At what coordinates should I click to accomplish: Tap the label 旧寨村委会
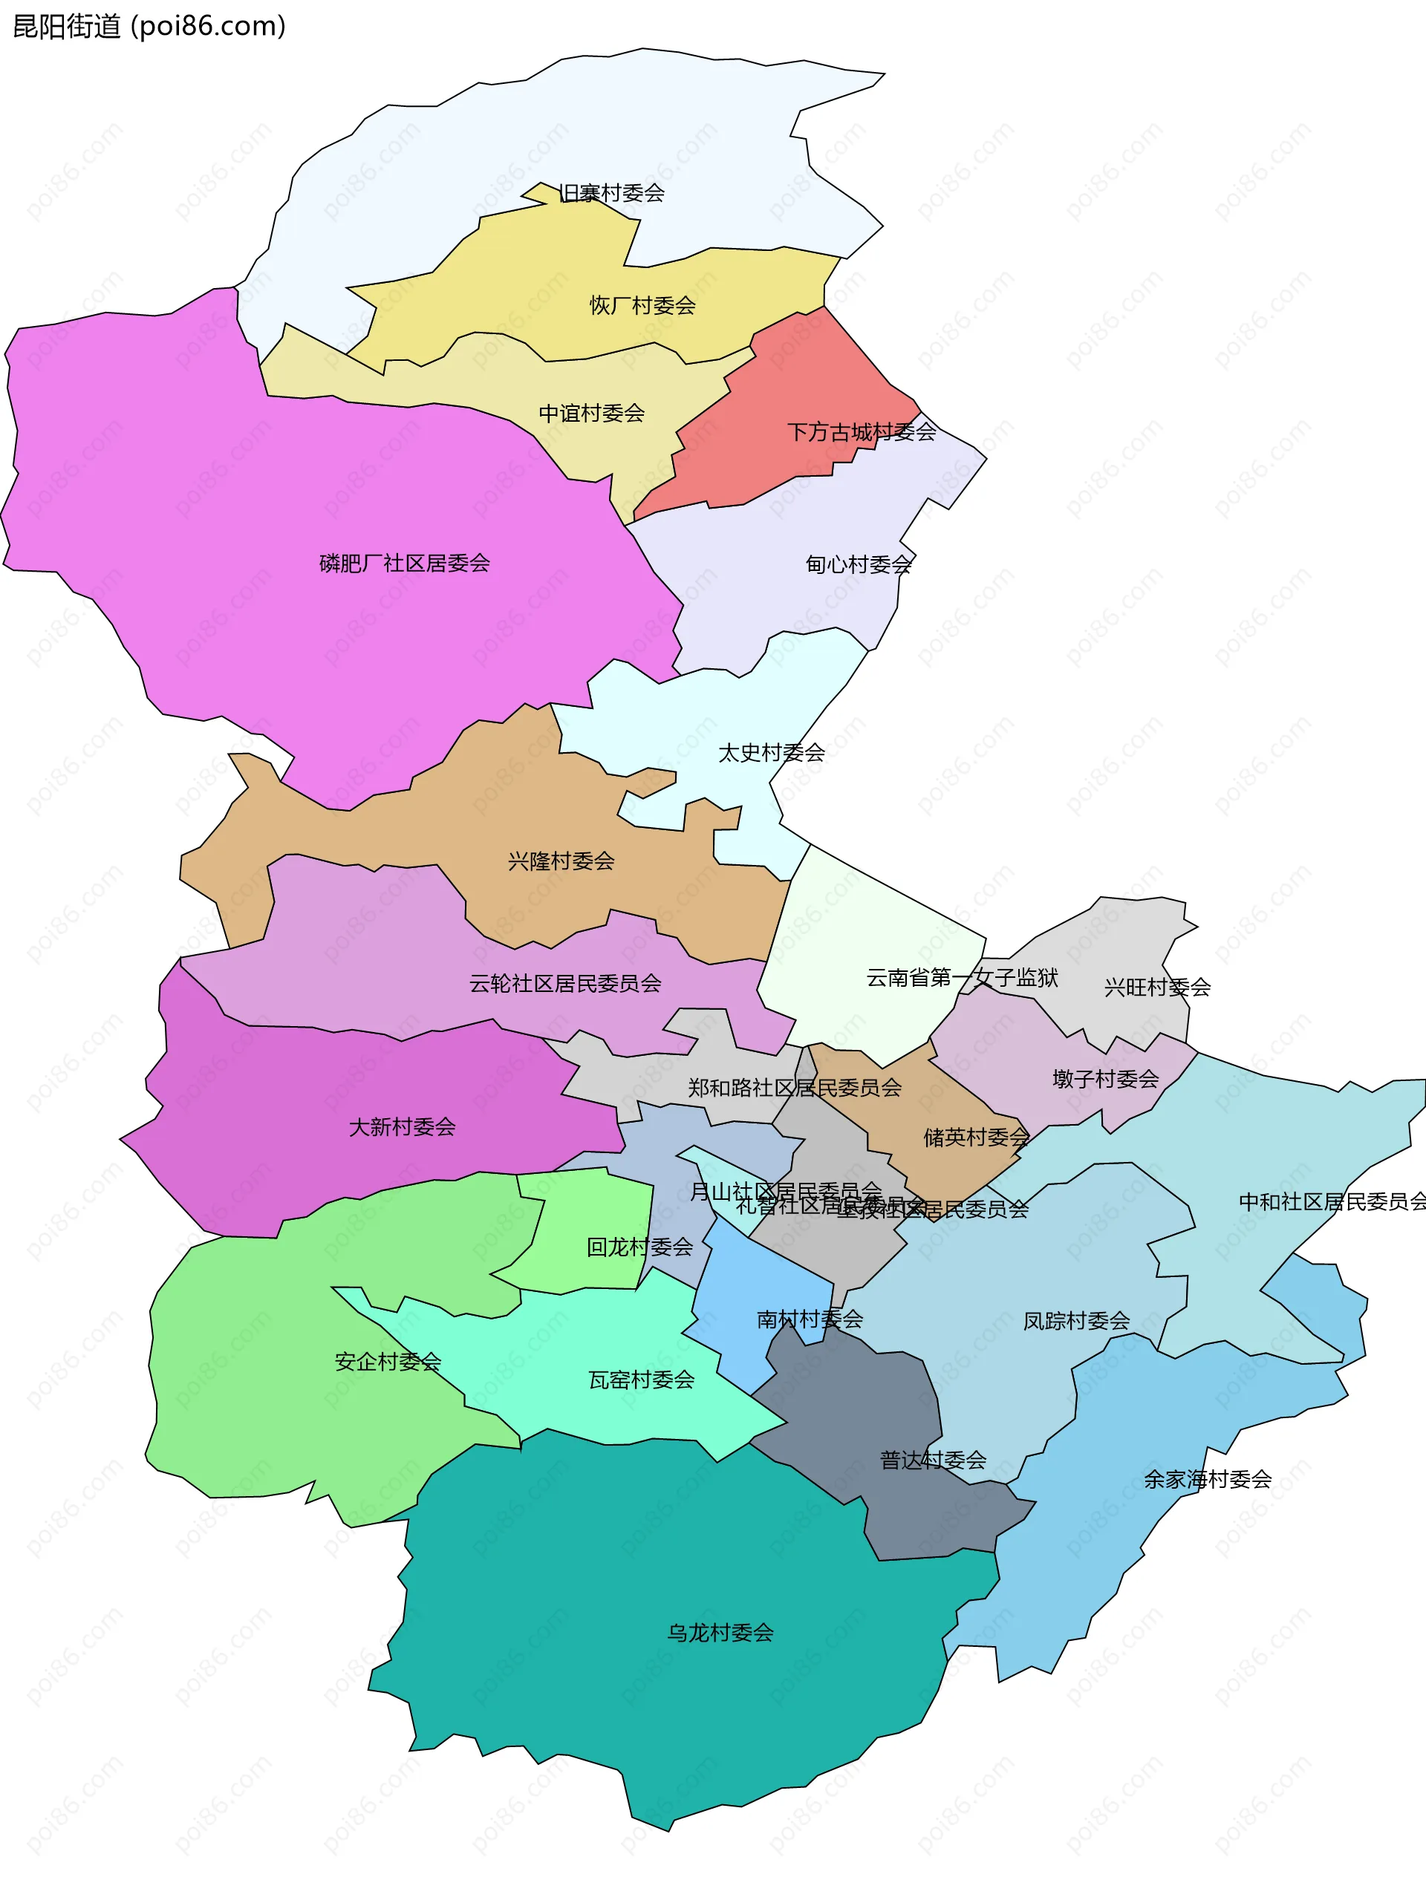[x=611, y=193]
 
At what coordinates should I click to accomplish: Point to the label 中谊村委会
[x=591, y=413]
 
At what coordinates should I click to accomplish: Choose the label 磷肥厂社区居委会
[x=404, y=563]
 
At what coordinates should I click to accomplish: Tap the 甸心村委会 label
[x=858, y=564]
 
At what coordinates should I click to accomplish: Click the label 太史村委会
[x=770, y=753]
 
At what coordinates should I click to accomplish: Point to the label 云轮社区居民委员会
[x=564, y=983]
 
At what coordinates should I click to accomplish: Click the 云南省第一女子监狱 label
[x=961, y=977]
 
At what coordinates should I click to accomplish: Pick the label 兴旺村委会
[x=1156, y=988]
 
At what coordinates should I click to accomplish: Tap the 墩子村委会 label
[x=1104, y=1080]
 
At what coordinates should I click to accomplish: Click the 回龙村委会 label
[x=639, y=1247]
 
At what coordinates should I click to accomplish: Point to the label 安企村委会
[x=387, y=1362]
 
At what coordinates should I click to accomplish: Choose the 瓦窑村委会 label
[x=641, y=1380]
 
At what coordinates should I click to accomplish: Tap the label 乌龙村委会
[x=720, y=1633]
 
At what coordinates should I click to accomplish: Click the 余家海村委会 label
[x=1207, y=1480]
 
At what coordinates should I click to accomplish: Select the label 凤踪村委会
[x=1075, y=1321]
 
